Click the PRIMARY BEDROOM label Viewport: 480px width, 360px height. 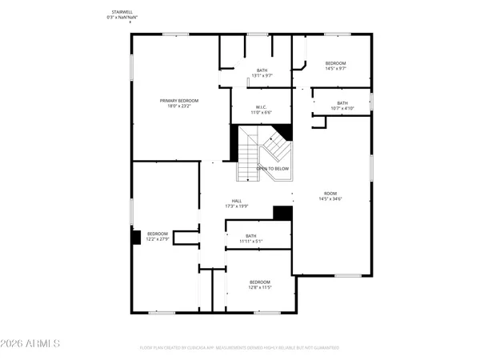(x=178, y=100)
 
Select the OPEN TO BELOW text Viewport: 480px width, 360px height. (x=272, y=169)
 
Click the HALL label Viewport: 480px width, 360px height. (x=237, y=201)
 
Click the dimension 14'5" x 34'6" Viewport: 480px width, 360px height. (x=330, y=198)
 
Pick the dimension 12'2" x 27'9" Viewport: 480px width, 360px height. (x=158, y=239)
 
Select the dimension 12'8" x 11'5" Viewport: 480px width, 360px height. (x=260, y=287)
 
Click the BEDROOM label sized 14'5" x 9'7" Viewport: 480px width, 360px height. (x=335, y=63)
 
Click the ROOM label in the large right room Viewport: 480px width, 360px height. (x=330, y=193)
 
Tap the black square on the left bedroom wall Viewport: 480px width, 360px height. (x=136, y=237)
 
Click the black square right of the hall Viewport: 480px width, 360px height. (x=282, y=213)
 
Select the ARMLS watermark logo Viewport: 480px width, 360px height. (x=31, y=344)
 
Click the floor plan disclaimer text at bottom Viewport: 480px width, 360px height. (x=239, y=348)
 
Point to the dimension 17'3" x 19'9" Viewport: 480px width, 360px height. (x=237, y=206)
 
